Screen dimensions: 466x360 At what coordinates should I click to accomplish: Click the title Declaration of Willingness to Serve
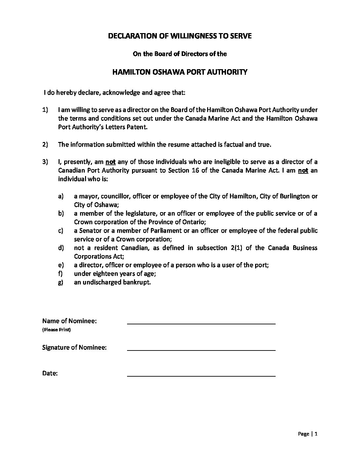pos(180,36)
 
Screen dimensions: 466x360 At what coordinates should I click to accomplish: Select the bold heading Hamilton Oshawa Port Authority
pos(180,72)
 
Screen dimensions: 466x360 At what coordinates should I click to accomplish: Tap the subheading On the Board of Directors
pos(180,54)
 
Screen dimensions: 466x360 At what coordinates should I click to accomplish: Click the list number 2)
pos(45,144)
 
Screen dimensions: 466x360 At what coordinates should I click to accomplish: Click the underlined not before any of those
pos(110,162)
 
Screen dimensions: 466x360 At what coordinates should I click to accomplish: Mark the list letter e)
pos(61,265)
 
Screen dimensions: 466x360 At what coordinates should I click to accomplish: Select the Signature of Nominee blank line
pos(201,349)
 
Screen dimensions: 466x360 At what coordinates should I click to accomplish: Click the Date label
pos(50,374)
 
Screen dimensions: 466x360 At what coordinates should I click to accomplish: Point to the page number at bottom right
pos(316,434)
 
